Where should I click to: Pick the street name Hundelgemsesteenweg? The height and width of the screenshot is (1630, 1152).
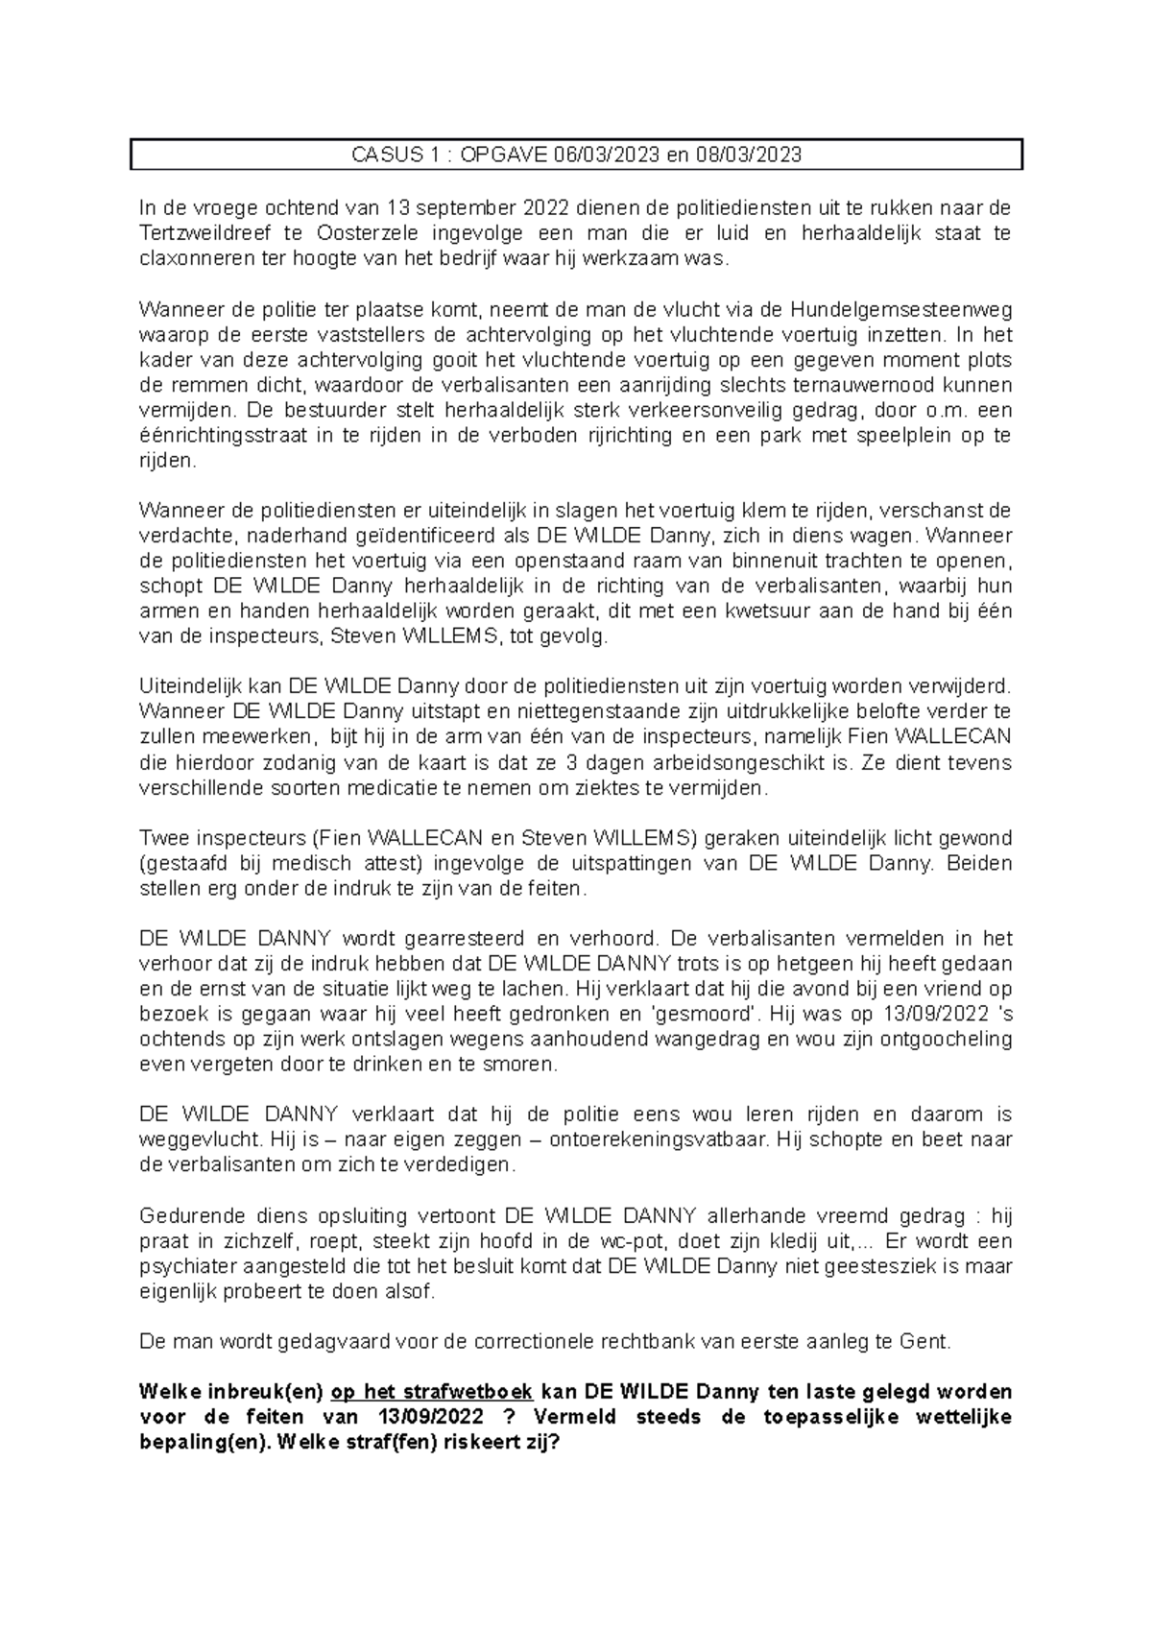(900, 310)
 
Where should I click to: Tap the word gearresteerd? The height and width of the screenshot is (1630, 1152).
(453, 938)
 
